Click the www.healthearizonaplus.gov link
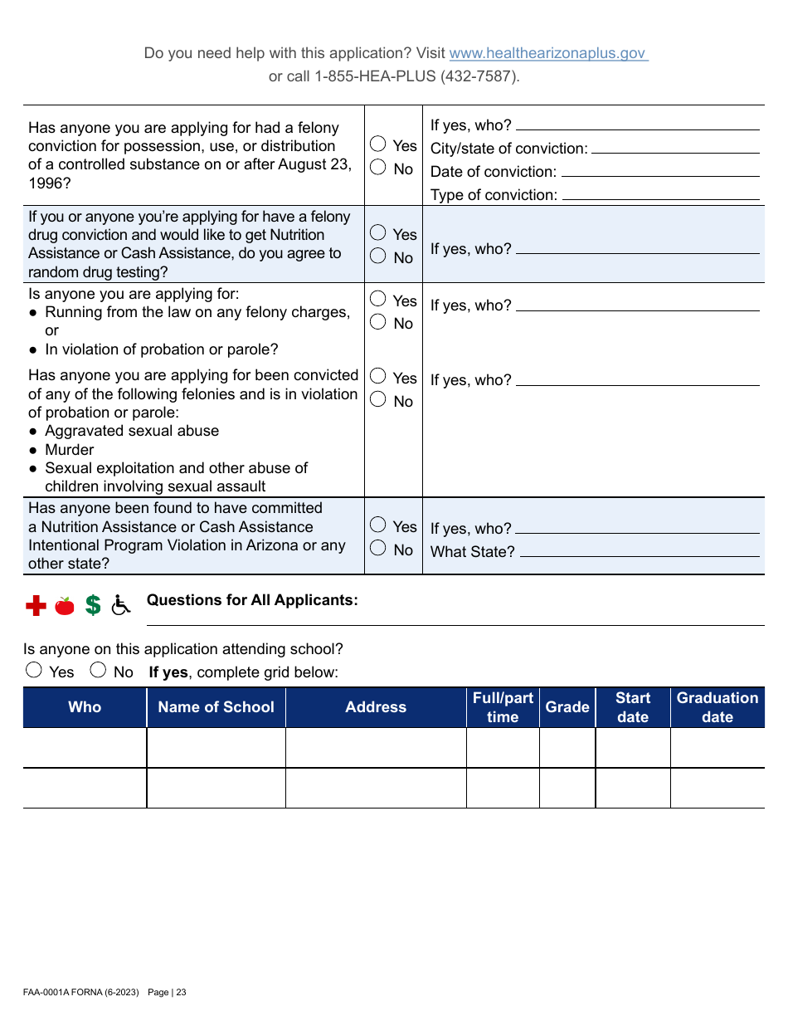[x=547, y=53]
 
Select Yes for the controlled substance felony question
[x=378, y=145]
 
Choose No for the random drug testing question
[x=378, y=256]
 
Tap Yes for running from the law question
[x=378, y=299]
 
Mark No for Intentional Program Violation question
[x=378, y=549]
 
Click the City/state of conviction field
[x=675, y=149]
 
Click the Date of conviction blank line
[x=660, y=173]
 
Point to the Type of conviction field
[x=660, y=196]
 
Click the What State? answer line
[x=640, y=552]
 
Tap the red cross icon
[x=36, y=606]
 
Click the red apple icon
[x=65, y=606]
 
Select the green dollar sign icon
[x=93, y=606]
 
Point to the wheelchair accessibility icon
[x=121, y=606]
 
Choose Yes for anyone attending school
[x=34, y=671]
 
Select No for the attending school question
[x=98, y=671]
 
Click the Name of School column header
[x=216, y=707]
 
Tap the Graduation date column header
[x=717, y=707]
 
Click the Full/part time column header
[x=503, y=707]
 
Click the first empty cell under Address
[x=376, y=748]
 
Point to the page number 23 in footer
[x=180, y=992]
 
